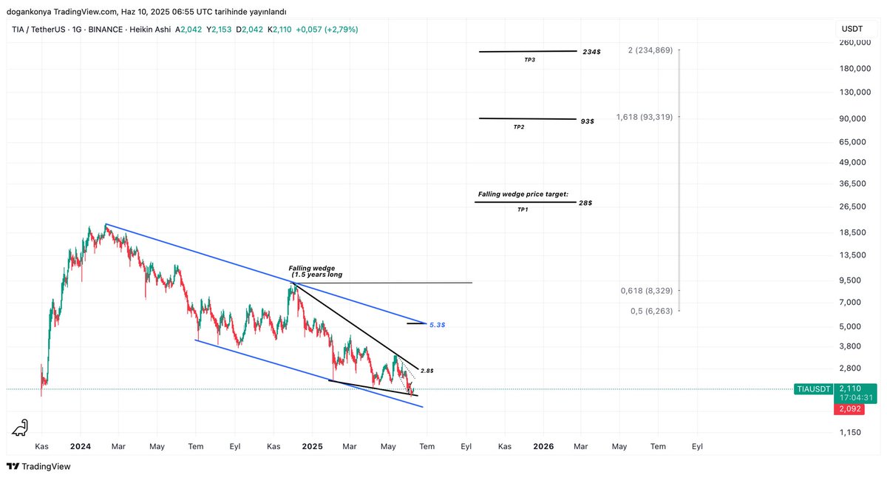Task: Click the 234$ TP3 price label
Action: click(x=591, y=53)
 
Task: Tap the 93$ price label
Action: click(x=587, y=121)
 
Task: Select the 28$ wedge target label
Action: click(x=586, y=202)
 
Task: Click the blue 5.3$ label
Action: click(x=437, y=325)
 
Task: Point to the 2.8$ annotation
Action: click(x=426, y=370)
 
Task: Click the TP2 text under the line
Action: click(x=519, y=127)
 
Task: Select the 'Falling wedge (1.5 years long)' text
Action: click(x=316, y=272)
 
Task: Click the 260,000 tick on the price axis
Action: click(x=855, y=42)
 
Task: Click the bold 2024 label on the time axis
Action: click(x=80, y=447)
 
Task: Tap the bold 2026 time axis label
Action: click(x=543, y=447)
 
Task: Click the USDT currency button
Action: click(x=852, y=29)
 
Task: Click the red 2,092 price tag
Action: click(x=854, y=409)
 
